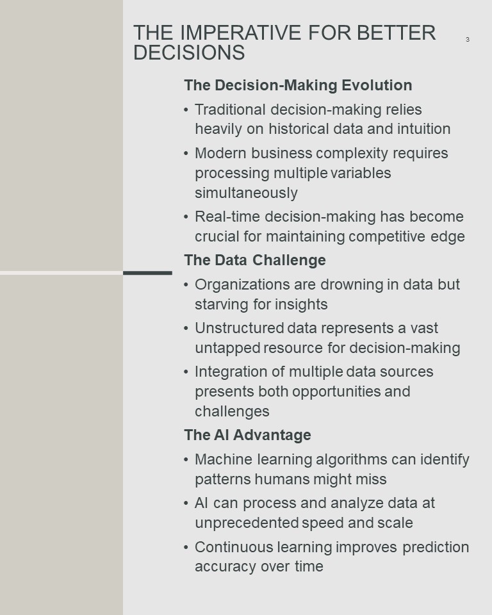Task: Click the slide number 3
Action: tap(467, 39)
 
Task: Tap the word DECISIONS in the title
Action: tap(189, 53)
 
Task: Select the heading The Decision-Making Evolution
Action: tap(298, 85)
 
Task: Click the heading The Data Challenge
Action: tap(255, 260)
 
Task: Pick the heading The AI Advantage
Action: tap(247, 435)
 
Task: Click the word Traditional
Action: tap(231, 110)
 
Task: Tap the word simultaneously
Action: tap(247, 193)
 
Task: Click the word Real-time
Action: tap(227, 217)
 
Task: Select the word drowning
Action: tap(352, 284)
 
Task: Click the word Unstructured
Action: tap(240, 328)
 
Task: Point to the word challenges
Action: tap(233, 411)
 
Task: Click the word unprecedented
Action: tap(247, 523)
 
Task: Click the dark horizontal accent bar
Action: tap(147, 273)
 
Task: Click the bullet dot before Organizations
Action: tap(186, 284)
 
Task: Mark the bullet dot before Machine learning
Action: tap(186, 460)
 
